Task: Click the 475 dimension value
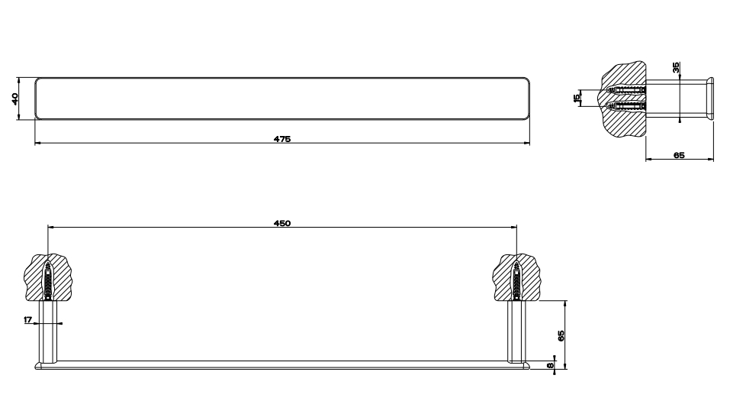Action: [281, 139]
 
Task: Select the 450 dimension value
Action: [281, 223]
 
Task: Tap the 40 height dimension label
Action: [14, 99]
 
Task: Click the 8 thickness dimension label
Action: [550, 366]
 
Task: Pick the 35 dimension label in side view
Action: [676, 67]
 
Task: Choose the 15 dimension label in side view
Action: [577, 97]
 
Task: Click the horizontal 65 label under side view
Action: [679, 155]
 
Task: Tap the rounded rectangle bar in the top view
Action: [281, 98]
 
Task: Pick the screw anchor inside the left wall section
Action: [48, 280]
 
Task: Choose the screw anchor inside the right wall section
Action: [516, 280]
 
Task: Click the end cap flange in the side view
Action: [710, 99]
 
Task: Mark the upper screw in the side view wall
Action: [627, 90]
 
